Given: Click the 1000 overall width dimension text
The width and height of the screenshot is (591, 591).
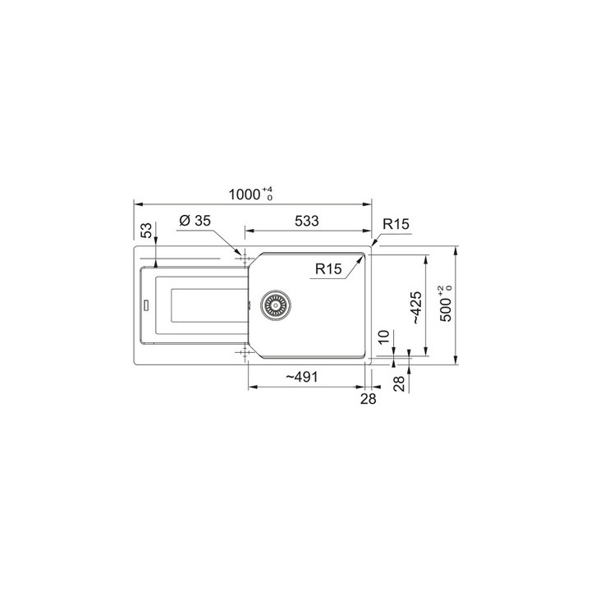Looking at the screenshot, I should coord(243,195).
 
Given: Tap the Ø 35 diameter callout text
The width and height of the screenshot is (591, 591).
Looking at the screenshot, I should coord(195,221).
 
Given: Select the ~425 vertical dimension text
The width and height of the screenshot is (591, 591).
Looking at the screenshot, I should coord(416,308).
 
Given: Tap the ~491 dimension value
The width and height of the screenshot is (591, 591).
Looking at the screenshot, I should coord(302,375).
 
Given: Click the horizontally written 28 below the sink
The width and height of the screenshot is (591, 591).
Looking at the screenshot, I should coord(368,399).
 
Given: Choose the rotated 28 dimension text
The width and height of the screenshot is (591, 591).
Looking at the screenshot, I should coord(399,383).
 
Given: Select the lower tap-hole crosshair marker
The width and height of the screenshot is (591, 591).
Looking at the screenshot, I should coord(242,354).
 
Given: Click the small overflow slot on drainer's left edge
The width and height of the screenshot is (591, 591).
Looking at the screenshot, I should coord(147,305).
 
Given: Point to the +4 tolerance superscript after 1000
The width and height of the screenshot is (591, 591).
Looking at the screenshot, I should coord(268,190).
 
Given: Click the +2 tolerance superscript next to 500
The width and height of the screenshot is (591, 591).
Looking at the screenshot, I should coord(442,289).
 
